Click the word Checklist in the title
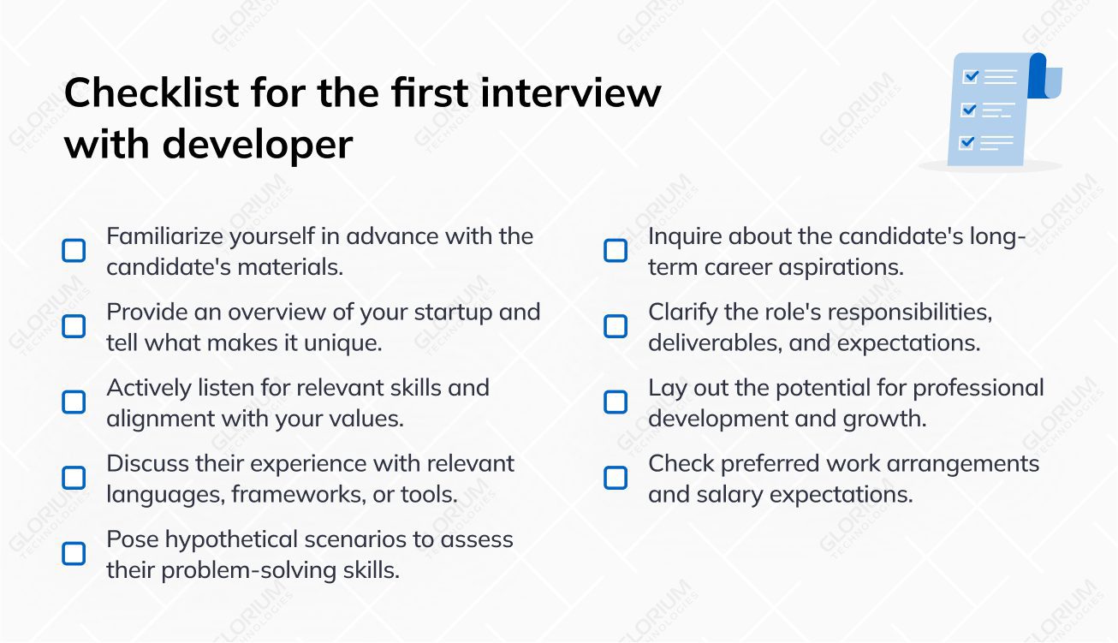pyautogui.click(x=152, y=92)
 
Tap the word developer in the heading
pyautogui.click(x=258, y=146)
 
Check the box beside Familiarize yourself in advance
pyautogui.click(x=74, y=251)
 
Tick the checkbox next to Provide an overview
pyautogui.click(x=74, y=326)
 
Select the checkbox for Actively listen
pyautogui.click(x=74, y=402)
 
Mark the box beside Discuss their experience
pyautogui.click(x=74, y=479)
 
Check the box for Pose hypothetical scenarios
pyautogui.click(x=74, y=554)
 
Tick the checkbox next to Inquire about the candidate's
pyautogui.click(x=615, y=251)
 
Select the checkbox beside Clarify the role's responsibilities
pyautogui.click(x=615, y=326)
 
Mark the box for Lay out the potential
pyautogui.click(x=615, y=402)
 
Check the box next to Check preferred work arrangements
pyautogui.click(x=615, y=479)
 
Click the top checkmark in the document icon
pyautogui.click(x=971, y=76)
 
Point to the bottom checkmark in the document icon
pyautogui.click(x=966, y=143)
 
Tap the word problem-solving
pyautogui.click(x=248, y=571)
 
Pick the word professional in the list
pyautogui.click(x=978, y=389)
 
